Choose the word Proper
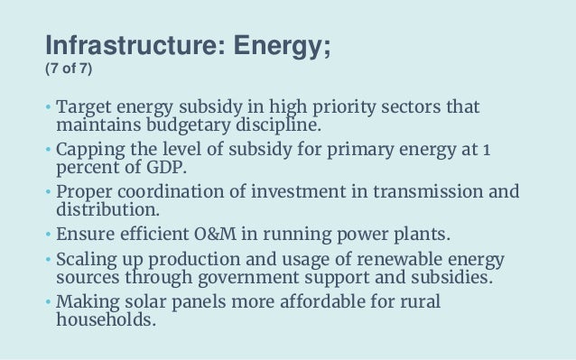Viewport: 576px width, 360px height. point(85,190)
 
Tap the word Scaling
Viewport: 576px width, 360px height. point(88,256)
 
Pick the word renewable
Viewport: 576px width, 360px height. point(378,256)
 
